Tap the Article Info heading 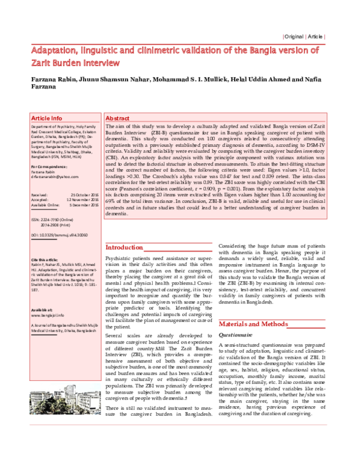tap(46, 119)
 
